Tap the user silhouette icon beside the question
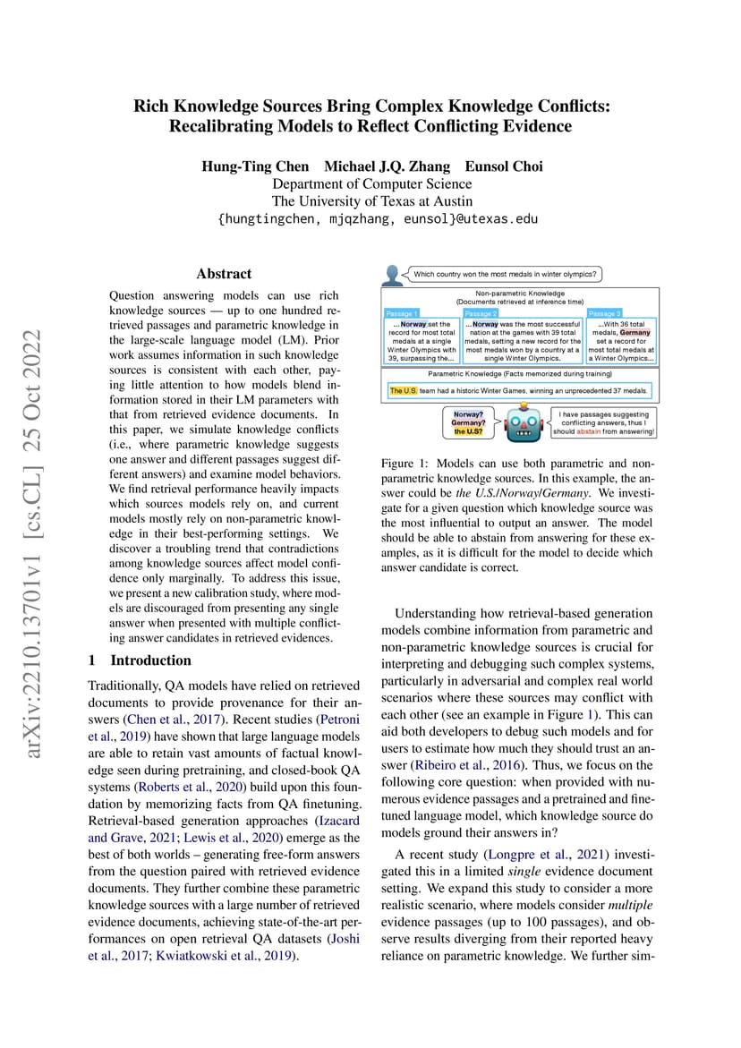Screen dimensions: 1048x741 [x=392, y=274]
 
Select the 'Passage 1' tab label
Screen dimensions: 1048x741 [x=401, y=313]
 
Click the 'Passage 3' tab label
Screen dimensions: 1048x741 [x=603, y=313]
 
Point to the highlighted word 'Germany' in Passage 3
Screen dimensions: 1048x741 [x=635, y=332]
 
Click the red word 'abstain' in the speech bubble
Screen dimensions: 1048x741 [x=588, y=430]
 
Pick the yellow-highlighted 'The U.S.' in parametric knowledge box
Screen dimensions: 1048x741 [x=404, y=390]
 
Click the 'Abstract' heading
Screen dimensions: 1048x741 [x=224, y=274]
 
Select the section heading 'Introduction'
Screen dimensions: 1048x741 [x=150, y=660]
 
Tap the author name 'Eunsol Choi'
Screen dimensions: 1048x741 [x=505, y=166]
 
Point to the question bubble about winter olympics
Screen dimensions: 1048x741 [x=505, y=274]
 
